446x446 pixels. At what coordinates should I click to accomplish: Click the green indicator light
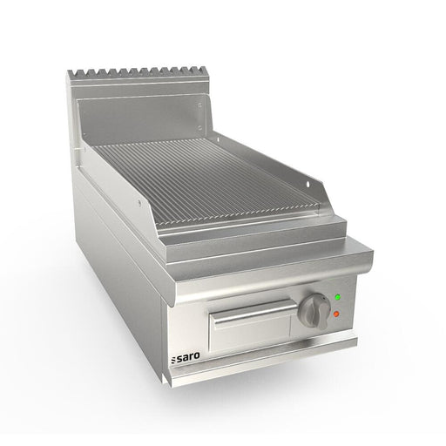[x=337, y=297]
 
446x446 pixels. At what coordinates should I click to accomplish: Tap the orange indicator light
[x=336, y=314]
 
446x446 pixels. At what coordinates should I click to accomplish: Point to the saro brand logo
[x=186, y=357]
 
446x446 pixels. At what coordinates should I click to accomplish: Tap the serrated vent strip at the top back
[x=139, y=74]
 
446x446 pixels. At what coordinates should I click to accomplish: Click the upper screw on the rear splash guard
[x=199, y=105]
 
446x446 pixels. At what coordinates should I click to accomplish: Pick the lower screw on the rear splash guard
[x=199, y=127]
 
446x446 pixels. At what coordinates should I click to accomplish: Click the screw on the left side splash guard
[x=139, y=202]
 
